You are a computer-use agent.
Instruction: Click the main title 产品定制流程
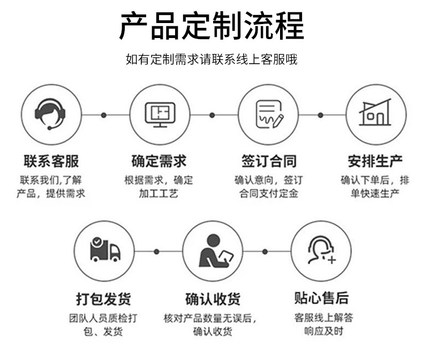211,25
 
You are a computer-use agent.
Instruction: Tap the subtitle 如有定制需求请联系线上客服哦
211,59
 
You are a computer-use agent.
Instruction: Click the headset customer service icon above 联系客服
51,114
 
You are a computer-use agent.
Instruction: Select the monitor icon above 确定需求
159,114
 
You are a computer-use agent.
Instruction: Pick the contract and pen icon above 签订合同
267,114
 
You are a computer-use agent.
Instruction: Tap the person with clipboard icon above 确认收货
212,251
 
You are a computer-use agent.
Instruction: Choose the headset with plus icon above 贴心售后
321,251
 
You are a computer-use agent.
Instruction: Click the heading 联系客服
51,161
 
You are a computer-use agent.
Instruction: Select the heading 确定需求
159,161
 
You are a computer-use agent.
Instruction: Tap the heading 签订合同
268,161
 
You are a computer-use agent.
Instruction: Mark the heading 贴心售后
321,298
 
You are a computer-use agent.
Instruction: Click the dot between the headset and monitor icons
104,115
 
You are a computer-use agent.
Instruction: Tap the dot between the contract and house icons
320,115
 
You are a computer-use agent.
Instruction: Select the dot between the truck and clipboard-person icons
157,251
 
